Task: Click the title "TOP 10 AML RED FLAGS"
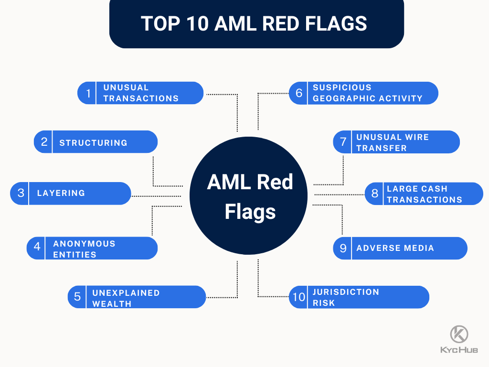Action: coord(254,23)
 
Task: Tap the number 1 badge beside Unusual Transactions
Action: coord(88,93)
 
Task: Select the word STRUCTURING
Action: coord(93,142)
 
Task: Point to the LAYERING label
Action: coord(61,193)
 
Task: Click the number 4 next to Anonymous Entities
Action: coord(37,248)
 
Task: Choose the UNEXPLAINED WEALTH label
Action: coord(126,298)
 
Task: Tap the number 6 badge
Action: coord(299,93)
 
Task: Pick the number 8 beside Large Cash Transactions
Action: coord(375,194)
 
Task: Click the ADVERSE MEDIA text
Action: coord(395,248)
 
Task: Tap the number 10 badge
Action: coord(298,297)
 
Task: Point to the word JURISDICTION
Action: coord(346,292)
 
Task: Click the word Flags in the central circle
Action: coord(250,211)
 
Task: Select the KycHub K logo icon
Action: coord(459,334)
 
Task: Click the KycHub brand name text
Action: coord(459,350)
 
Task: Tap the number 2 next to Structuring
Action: coord(44,142)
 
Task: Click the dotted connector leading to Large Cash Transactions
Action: coord(339,194)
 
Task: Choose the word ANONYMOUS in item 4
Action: coord(84,244)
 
